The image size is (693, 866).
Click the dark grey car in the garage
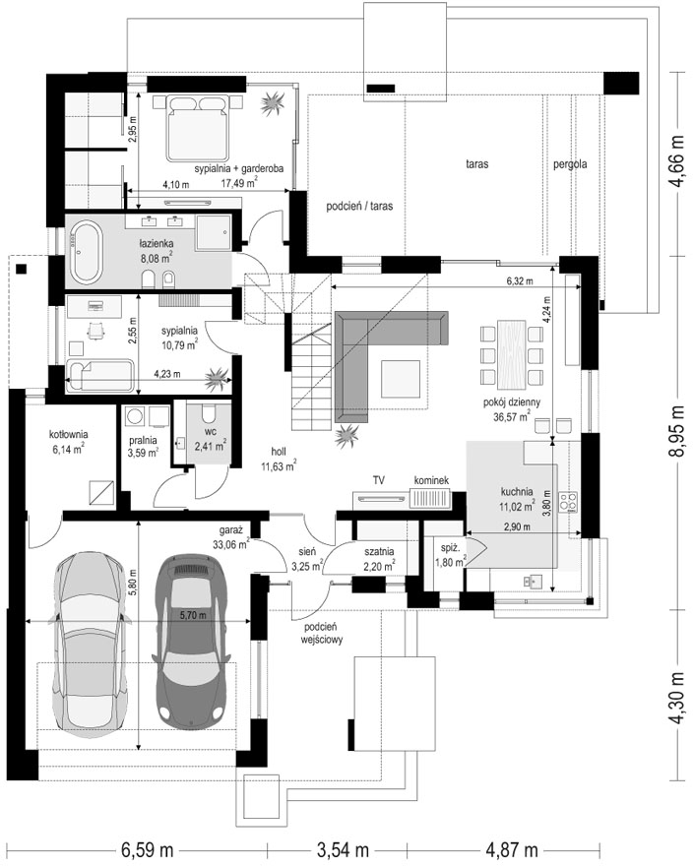[x=191, y=640]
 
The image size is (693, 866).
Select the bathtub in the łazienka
[x=85, y=252]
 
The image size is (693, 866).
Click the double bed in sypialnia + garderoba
[x=197, y=128]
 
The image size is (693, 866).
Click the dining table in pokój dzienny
[x=512, y=354]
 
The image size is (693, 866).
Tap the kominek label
[x=431, y=480]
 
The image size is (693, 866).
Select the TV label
[x=379, y=480]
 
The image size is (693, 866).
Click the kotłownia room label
[x=69, y=434]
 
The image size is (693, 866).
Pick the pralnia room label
[x=143, y=440]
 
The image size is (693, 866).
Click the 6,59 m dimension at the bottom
[x=145, y=849]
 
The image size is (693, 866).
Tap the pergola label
[x=570, y=164]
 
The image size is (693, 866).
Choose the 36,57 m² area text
[x=512, y=416]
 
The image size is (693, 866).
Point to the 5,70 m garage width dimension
[x=192, y=615]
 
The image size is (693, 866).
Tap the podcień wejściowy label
[x=322, y=634]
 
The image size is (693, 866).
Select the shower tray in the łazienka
[x=214, y=233]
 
